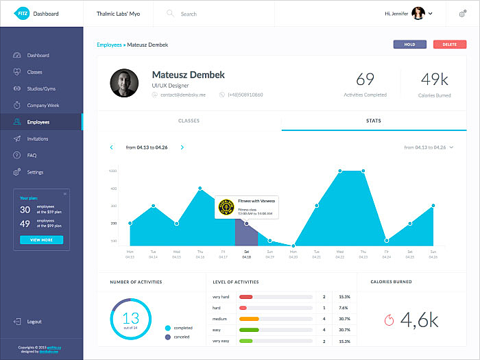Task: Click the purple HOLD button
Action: tap(410, 45)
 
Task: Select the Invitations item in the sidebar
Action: tap(38, 139)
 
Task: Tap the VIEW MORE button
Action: tap(41, 240)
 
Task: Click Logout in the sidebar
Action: tap(34, 322)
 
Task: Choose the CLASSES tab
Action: tap(189, 121)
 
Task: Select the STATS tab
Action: tap(374, 121)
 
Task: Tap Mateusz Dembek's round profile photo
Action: tap(124, 84)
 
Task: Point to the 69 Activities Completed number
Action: tap(365, 80)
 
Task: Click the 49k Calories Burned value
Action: tap(434, 80)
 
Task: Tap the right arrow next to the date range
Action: tap(182, 147)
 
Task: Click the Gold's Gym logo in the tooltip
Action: tap(226, 206)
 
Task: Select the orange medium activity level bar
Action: tap(248, 319)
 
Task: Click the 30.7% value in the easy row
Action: tap(344, 330)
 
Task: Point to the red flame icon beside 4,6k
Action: tap(389, 319)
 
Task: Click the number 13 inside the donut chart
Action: tap(130, 317)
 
